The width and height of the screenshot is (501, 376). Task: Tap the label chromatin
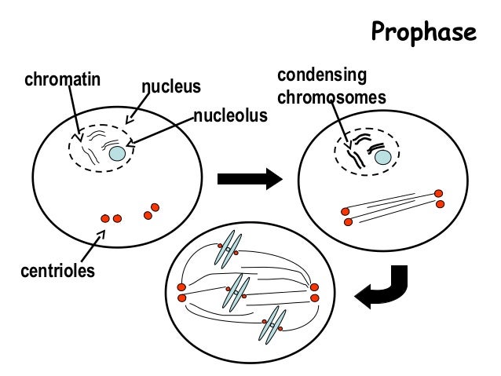(x=60, y=79)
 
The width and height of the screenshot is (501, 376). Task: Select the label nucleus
(x=171, y=85)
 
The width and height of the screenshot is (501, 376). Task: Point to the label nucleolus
(x=232, y=116)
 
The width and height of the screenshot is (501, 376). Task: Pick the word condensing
(x=323, y=76)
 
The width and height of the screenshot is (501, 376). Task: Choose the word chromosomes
(x=332, y=98)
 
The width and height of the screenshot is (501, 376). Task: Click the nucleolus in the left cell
(x=117, y=155)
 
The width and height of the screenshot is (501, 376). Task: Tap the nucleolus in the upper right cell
(x=382, y=157)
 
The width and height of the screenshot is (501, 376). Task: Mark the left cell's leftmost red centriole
(x=104, y=218)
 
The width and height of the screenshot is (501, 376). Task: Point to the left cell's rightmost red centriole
(x=155, y=207)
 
